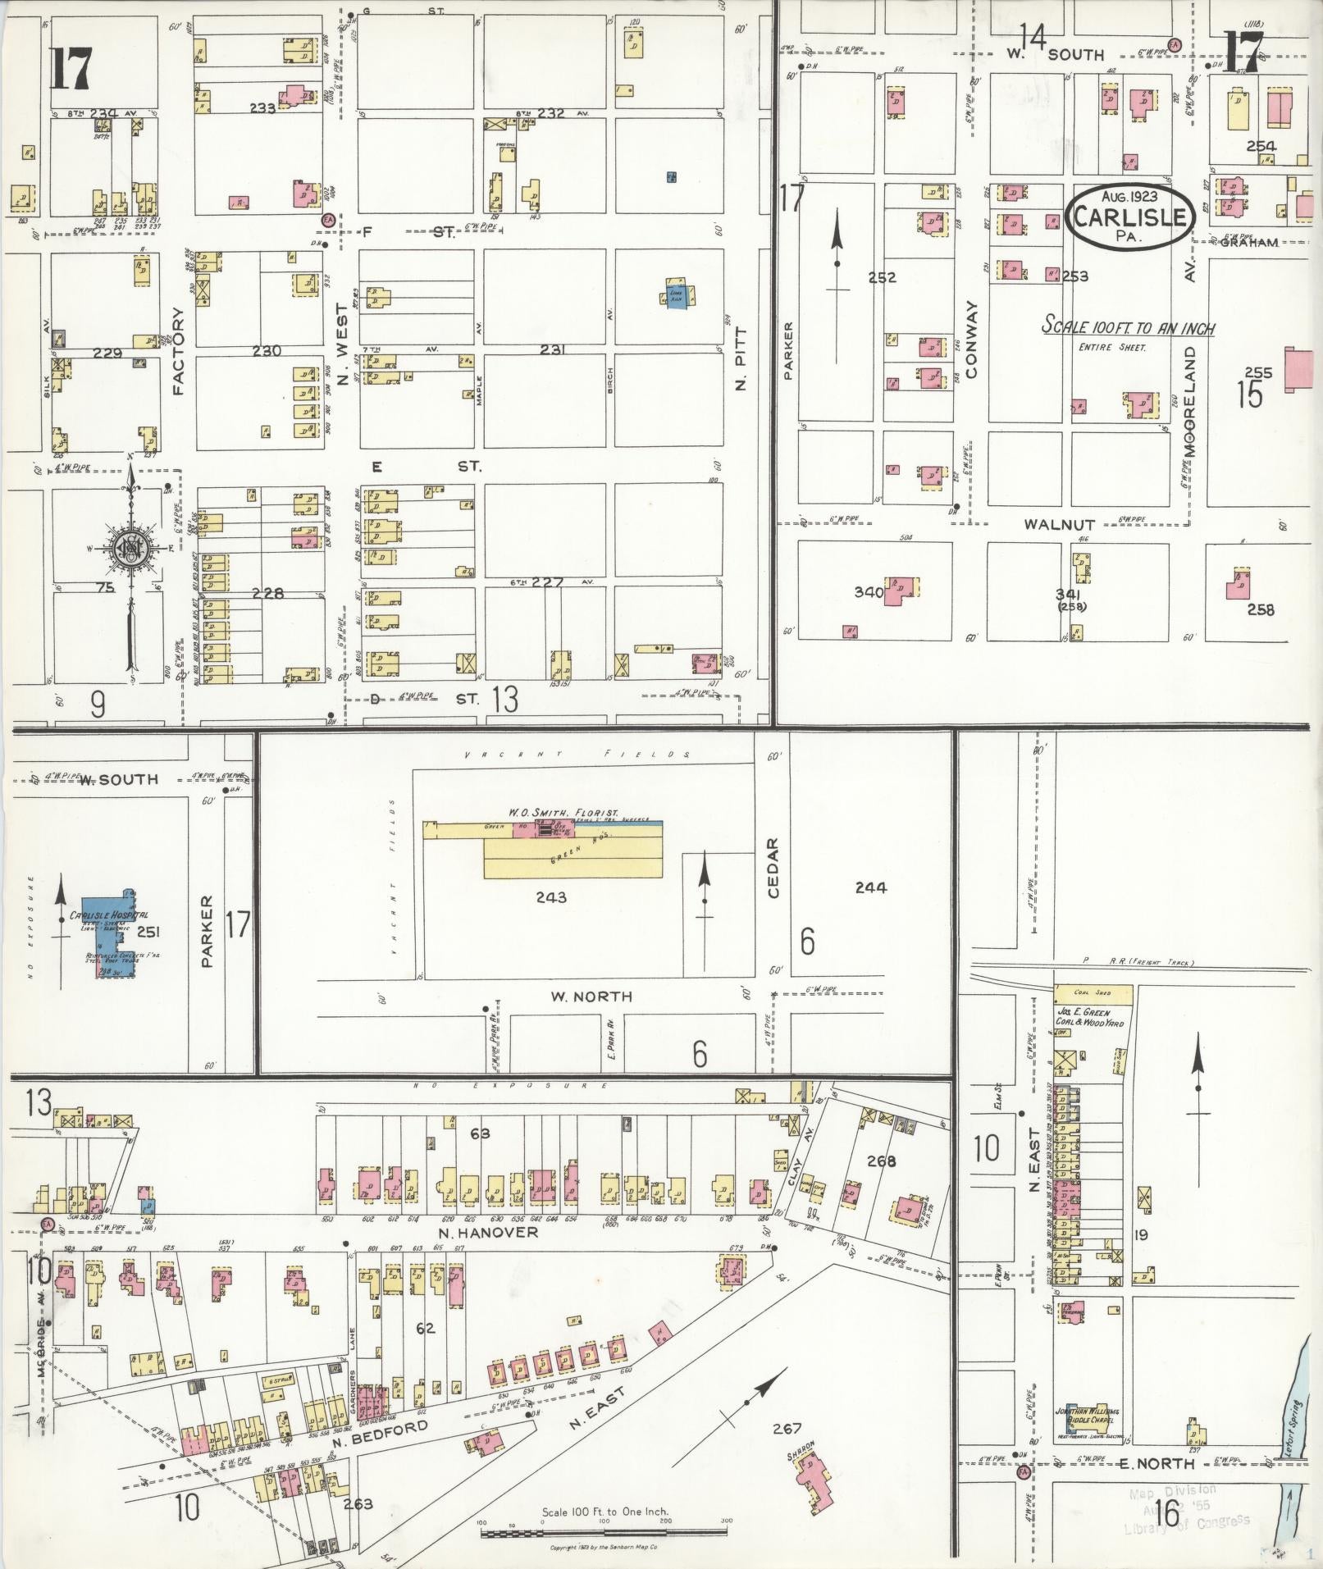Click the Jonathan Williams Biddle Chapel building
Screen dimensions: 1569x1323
click(1088, 1416)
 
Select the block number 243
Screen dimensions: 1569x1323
click(550, 897)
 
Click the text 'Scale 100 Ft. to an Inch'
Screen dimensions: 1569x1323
click(1128, 326)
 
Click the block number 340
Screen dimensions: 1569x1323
click(869, 592)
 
